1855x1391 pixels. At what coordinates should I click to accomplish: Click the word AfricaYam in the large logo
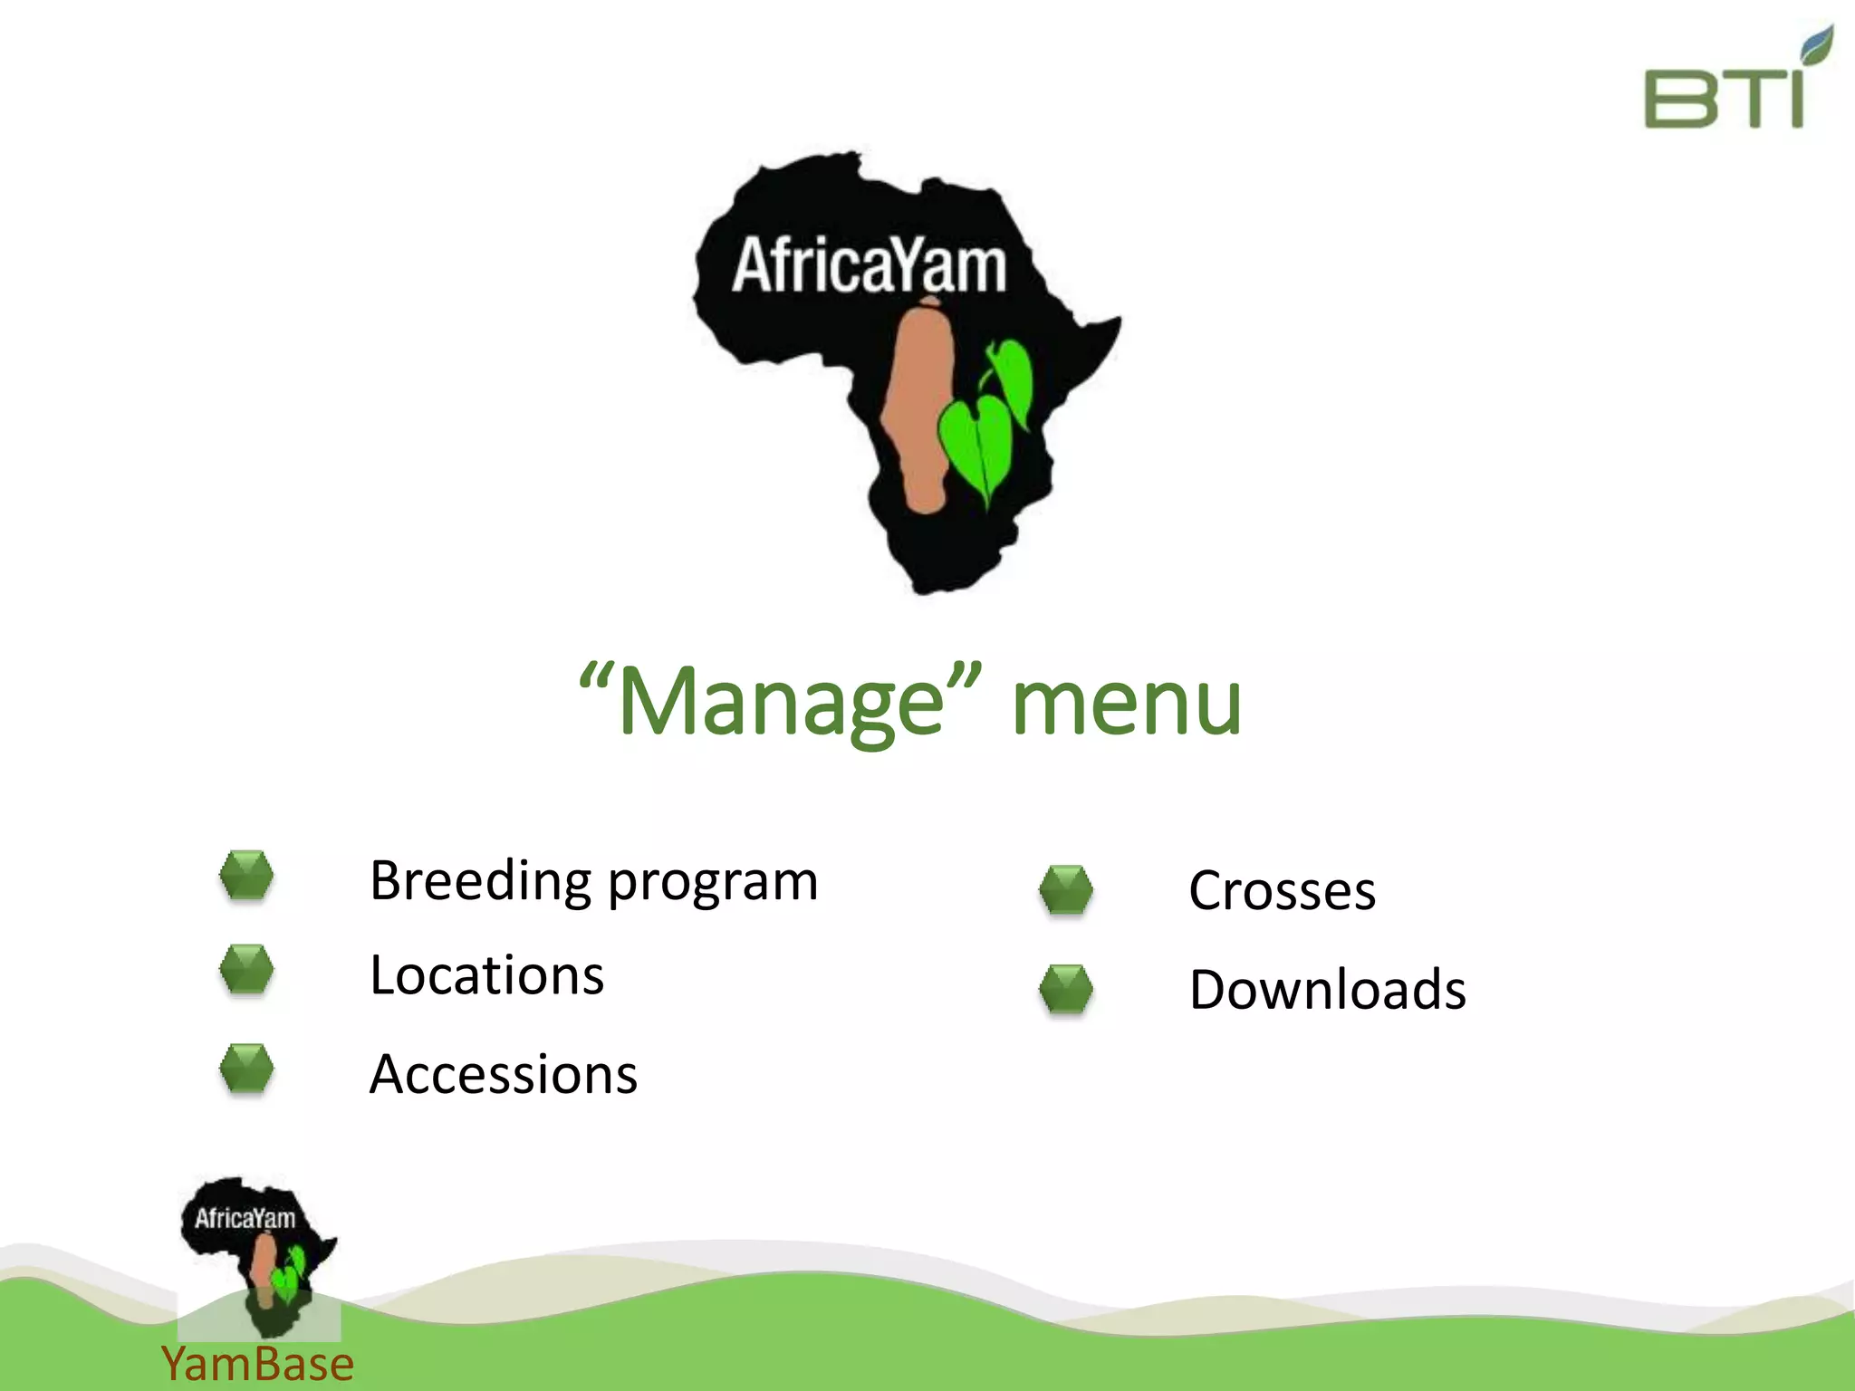[x=869, y=266]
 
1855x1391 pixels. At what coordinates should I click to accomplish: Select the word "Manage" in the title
[x=780, y=702]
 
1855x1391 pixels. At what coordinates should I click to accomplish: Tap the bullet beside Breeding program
[x=246, y=875]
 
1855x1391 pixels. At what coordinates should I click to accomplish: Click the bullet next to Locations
[x=246, y=969]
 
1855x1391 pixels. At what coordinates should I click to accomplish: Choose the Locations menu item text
[x=487, y=975]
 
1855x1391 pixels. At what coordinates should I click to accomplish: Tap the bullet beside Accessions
[x=246, y=1069]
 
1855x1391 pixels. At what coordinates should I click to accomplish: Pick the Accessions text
[x=504, y=1075]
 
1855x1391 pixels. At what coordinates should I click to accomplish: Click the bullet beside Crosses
[x=1066, y=889]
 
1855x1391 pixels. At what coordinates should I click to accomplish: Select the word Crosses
[x=1283, y=891]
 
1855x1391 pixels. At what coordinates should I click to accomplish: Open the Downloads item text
[x=1328, y=990]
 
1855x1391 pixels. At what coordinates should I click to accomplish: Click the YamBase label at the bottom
[x=257, y=1364]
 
